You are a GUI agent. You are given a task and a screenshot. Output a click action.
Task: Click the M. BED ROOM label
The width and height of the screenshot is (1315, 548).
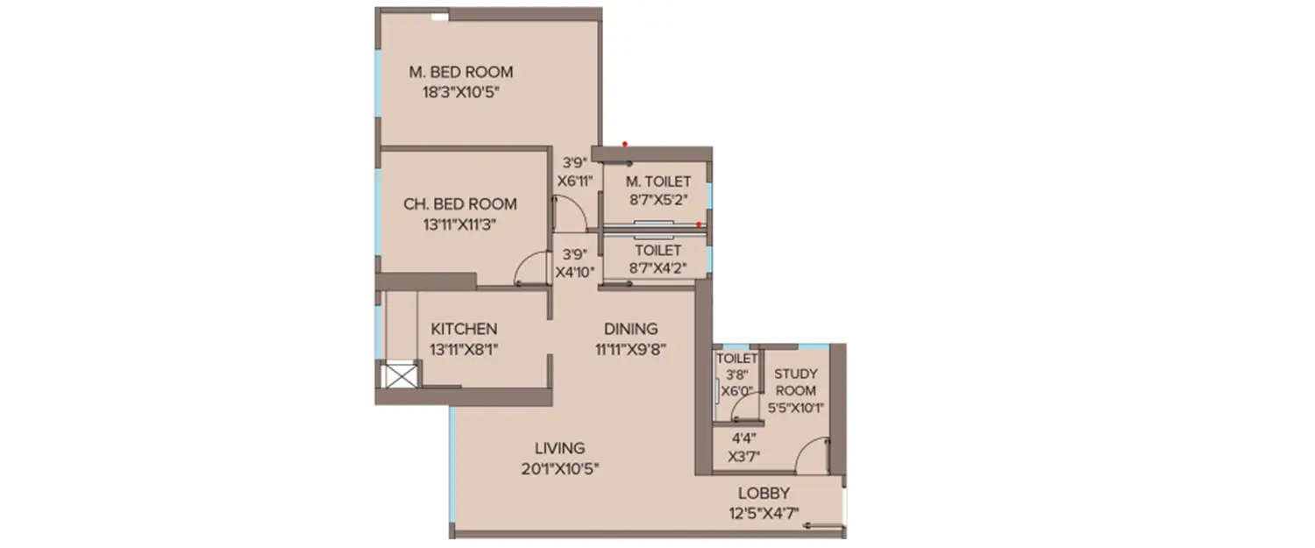[460, 72]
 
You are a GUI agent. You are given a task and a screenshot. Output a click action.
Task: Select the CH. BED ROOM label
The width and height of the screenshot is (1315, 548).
[460, 204]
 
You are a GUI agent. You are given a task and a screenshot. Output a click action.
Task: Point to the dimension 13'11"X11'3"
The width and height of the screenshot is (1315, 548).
[460, 223]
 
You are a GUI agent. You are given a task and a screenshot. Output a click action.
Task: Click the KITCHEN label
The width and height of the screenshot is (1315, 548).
[464, 329]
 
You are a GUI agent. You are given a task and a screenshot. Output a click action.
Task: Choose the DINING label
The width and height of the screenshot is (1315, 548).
[630, 329]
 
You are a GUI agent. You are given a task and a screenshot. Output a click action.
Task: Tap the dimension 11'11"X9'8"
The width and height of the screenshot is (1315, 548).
[630, 348]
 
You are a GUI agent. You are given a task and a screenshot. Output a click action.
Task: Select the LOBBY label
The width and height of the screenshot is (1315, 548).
[764, 493]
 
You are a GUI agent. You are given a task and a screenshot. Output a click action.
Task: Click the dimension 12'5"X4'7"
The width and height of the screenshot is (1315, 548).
[764, 512]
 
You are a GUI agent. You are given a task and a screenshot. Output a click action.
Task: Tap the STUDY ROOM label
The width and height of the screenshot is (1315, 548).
[795, 382]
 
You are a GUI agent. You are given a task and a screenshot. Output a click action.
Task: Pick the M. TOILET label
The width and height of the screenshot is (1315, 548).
[657, 181]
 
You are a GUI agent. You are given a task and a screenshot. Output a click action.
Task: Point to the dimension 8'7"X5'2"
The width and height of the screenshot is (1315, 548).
[657, 199]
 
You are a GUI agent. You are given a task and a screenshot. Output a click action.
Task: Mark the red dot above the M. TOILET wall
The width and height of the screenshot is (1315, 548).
[624, 143]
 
